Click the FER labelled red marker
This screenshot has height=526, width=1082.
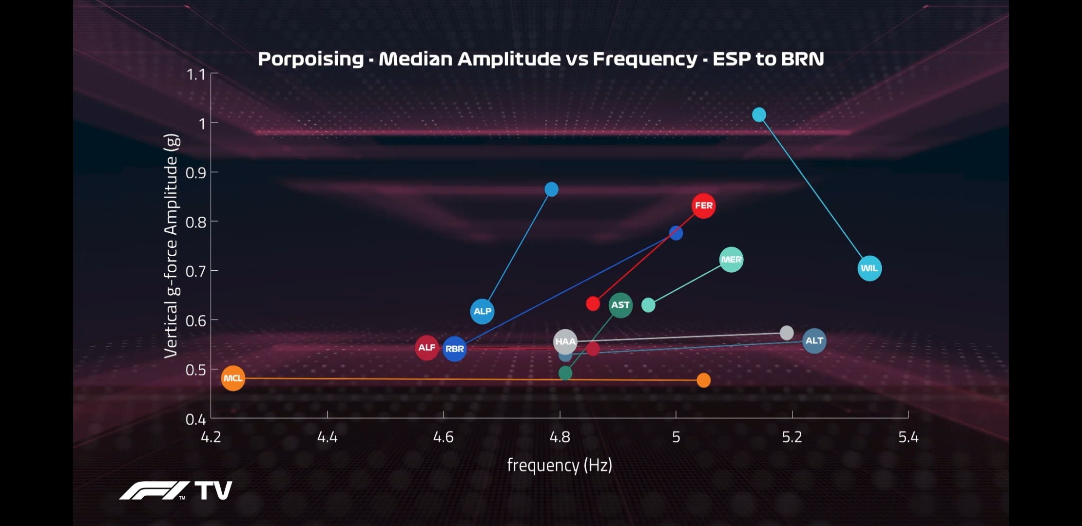tap(703, 206)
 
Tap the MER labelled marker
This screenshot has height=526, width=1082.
tap(731, 260)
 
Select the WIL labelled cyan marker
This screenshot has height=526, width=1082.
tap(869, 268)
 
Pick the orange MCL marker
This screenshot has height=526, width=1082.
tap(233, 378)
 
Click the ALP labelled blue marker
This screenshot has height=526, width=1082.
tap(482, 311)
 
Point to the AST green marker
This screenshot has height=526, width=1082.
tap(620, 305)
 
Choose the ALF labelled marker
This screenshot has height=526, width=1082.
tap(426, 348)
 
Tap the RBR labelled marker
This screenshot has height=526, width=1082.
tap(455, 349)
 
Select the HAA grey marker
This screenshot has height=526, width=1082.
tap(565, 342)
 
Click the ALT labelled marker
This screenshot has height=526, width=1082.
tap(814, 341)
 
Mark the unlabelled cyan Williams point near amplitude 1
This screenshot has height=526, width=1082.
tap(759, 115)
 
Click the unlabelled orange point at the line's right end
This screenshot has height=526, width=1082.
tap(703, 380)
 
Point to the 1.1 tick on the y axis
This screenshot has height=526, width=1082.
tap(196, 75)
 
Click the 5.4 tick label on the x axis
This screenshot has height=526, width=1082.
tap(908, 437)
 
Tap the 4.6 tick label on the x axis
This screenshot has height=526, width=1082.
tap(443, 437)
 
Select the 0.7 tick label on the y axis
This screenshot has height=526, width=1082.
tap(196, 271)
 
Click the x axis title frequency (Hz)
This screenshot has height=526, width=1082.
tap(560, 466)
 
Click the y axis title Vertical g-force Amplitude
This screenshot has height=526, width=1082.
tap(171, 246)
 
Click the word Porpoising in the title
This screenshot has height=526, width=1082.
tap(310, 59)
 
